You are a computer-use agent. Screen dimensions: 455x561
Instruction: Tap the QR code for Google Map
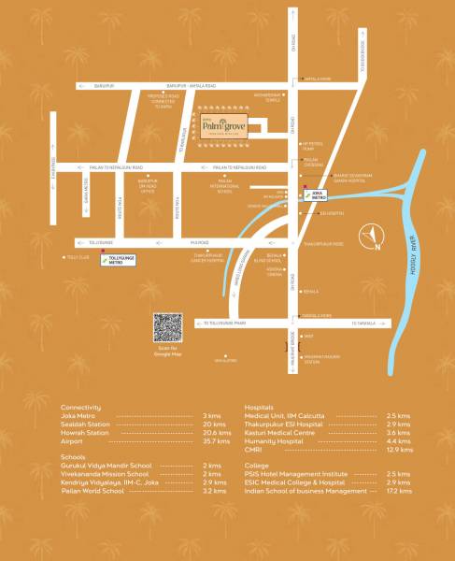[x=167, y=326]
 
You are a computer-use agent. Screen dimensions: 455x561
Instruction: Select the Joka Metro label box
[x=315, y=196]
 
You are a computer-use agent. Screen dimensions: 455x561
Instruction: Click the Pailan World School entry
[x=92, y=490]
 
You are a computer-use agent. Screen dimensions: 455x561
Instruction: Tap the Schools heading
[x=73, y=457]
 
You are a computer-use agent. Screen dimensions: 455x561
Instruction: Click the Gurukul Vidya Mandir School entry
[x=102, y=466]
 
